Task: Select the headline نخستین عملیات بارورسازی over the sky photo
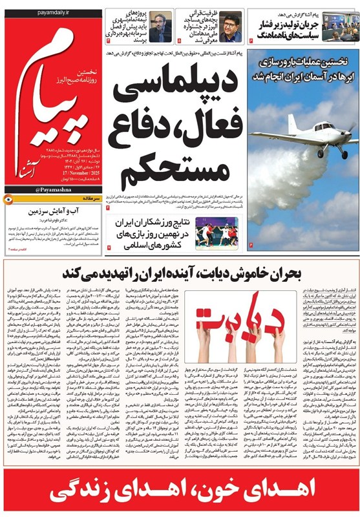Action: (303, 61)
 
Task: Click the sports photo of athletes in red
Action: (211, 234)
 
